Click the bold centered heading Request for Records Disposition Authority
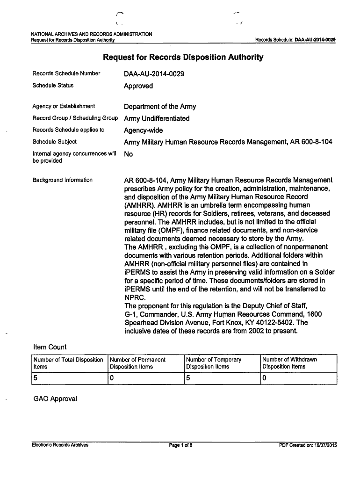(x=183, y=58)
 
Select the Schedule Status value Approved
(x=138, y=86)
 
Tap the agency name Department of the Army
(x=160, y=107)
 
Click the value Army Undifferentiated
(x=157, y=118)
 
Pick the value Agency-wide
(x=143, y=131)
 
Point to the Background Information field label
(x=62, y=180)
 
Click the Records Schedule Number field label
(x=66, y=73)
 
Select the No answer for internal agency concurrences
(x=128, y=154)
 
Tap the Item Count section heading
(x=50, y=347)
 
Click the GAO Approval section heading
(x=55, y=399)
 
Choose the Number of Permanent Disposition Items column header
(x=137, y=363)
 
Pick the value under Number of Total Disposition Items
(x=35, y=378)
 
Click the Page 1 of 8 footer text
(x=181, y=445)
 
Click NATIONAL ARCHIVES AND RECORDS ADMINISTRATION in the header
(x=91, y=34)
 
